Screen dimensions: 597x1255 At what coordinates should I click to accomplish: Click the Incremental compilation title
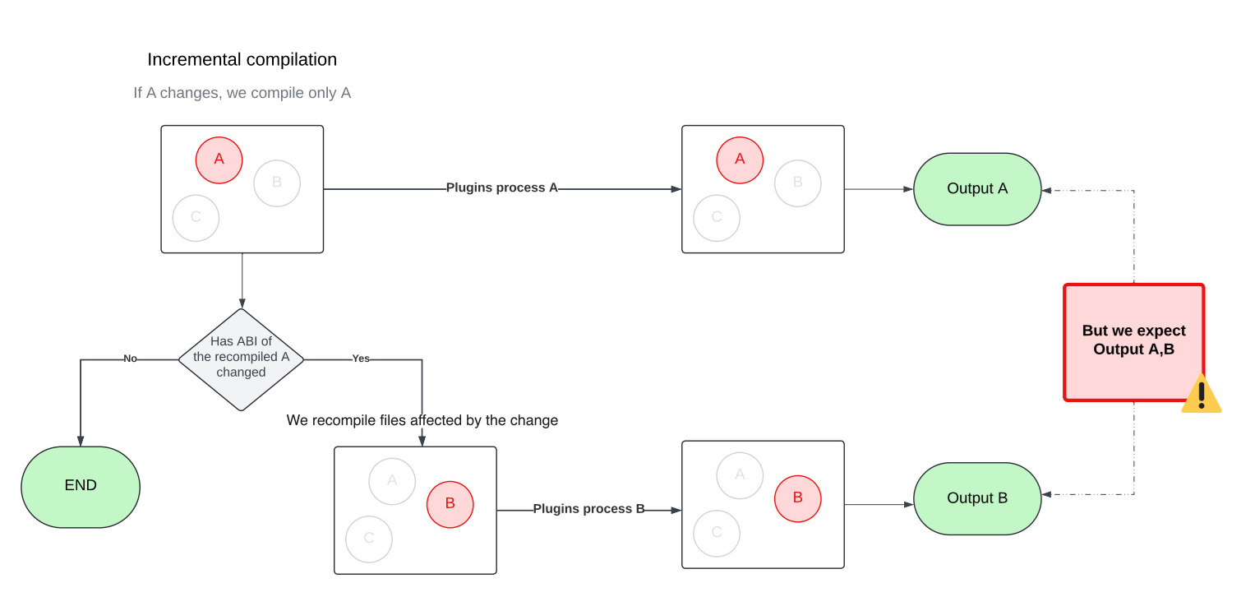(242, 60)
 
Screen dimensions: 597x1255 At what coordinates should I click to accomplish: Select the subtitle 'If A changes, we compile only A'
(242, 93)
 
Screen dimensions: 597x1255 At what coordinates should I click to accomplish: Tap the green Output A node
(977, 188)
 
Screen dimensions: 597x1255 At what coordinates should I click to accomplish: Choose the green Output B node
(977, 498)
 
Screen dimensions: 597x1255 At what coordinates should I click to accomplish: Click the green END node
(81, 486)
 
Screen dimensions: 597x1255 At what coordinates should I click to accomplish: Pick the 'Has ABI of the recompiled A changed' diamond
(241, 359)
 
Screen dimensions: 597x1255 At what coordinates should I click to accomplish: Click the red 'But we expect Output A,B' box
(1133, 340)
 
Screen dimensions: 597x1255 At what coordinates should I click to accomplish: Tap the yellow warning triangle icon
(1201, 394)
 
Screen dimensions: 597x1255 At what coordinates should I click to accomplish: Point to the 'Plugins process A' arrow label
(501, 187)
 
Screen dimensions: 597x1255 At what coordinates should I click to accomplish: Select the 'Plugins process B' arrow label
(588, 509)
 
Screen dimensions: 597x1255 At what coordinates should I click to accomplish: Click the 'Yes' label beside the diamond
(361, 359)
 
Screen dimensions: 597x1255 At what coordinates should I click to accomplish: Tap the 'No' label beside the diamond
(130, 359)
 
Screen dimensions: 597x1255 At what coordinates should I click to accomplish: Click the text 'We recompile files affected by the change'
(422, 420)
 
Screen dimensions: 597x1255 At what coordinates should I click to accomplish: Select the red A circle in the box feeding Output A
(740, 160)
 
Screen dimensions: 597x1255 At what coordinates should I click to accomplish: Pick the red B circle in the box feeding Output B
(797, 498)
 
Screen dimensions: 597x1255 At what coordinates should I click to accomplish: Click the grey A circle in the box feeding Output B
(740, 474)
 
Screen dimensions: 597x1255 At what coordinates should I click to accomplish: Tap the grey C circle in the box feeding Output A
(717, 218)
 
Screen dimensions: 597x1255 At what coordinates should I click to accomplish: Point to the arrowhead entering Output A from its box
(908, 189)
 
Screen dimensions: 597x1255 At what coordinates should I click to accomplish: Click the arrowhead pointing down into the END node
(81, 442)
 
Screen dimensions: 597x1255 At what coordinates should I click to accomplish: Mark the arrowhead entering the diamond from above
(242, 303)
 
